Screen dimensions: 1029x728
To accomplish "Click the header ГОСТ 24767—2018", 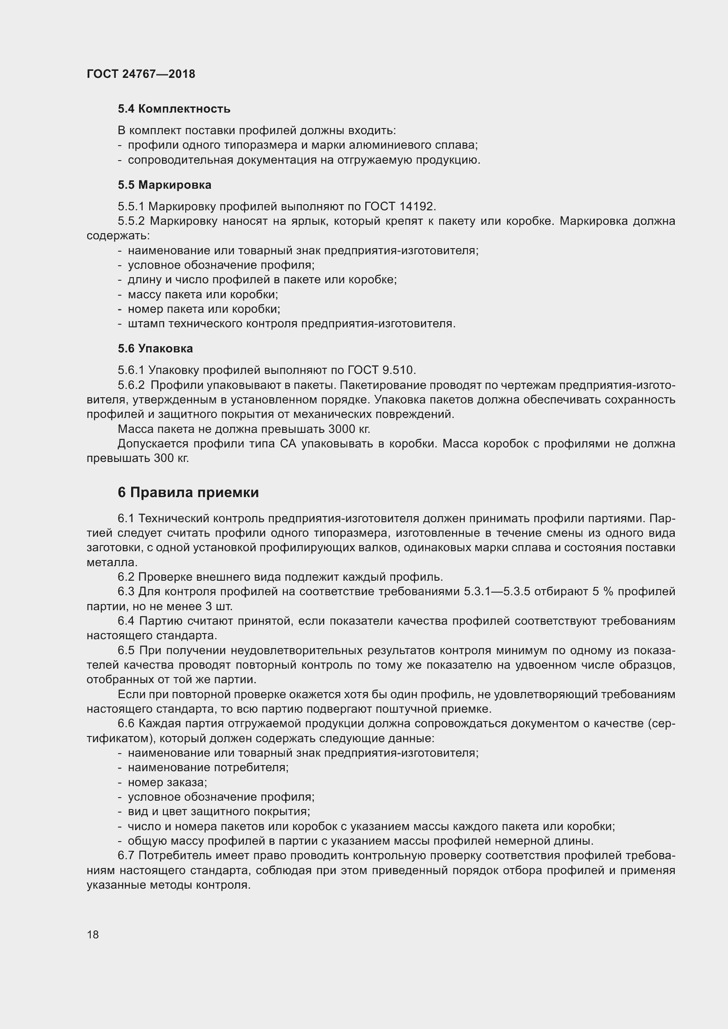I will pyautogui.click(x=141, y=74).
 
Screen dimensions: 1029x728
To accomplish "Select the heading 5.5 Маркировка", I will pyautogui.click(x=165, y=185).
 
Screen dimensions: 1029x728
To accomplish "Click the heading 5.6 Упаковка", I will pyautogui.click(x=155, y=348).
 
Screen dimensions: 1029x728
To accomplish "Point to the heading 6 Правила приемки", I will pyautogui.click(x=188, y=493).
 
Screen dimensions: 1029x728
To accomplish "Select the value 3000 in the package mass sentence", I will pyautogui.click(x=342, y=429).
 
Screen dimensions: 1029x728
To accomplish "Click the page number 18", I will pyautogui.click(x=93, y=934).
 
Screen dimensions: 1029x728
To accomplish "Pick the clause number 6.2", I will pyautogui.click(x=126, y=577).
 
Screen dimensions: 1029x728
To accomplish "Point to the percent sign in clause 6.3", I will pyautogui.click(x=607, y=592).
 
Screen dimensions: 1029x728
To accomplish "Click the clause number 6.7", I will pyautogui.click(x=126, y=856).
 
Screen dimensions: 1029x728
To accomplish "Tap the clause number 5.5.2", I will pyautogui.click(x=131, y=221).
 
